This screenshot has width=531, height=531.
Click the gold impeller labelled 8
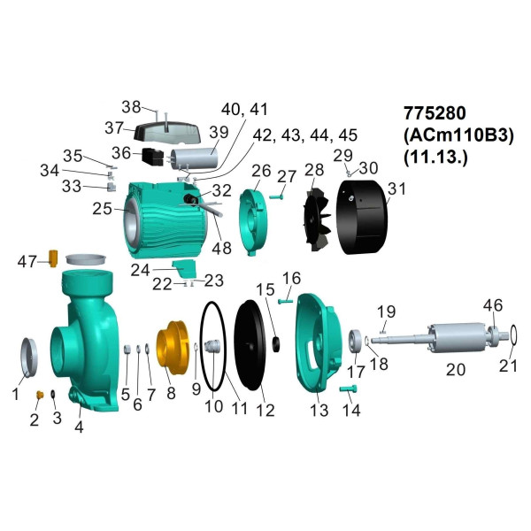coord(172,347)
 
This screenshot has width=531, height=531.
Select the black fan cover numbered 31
coord(362,217)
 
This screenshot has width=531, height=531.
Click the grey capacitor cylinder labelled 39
coord(194,158)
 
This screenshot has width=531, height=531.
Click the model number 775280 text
coord(435,112)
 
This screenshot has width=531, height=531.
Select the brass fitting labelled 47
coord(53,258)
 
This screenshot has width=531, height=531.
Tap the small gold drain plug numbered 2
coord(40,395)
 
